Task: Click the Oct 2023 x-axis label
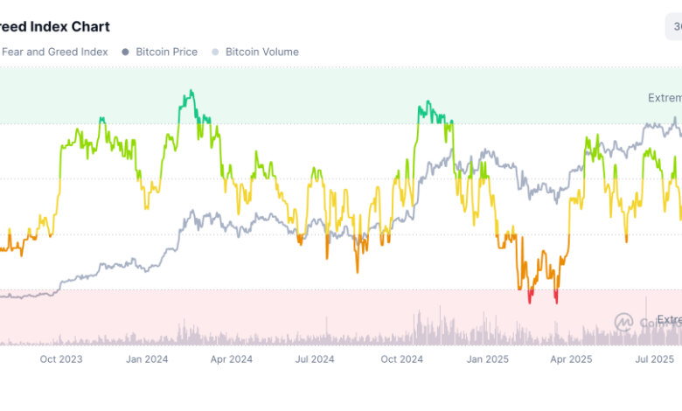61,359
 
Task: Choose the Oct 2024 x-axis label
401,359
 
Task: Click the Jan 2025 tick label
486,359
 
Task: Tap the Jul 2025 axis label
654,359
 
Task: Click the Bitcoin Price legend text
166,52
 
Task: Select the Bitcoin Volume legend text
261,52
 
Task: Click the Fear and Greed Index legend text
55,52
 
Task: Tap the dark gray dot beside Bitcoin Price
126,52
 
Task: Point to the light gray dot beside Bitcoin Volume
215,52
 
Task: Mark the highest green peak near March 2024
190,90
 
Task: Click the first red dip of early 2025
530,302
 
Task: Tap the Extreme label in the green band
664,97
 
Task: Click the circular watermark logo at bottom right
623,322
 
